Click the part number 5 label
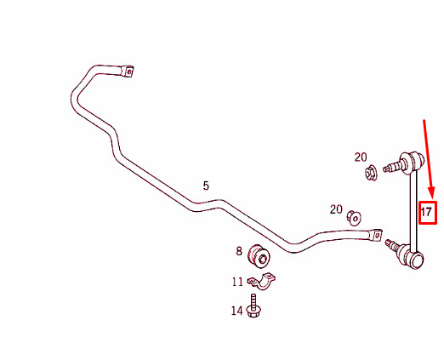point(206,186)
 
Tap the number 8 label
point(239,251)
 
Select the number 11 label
point(237,282)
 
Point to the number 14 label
point(237,311)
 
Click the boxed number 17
point(428,213)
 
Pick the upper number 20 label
point(361,157)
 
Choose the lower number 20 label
point(336,209)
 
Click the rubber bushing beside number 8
point(259,256)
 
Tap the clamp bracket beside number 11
point(261,281)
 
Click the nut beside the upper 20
point(371,173)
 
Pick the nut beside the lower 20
point(354,218)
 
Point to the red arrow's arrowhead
point(431,192)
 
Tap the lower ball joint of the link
point(412,257)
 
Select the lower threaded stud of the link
point(392,245)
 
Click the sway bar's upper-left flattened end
point(128,71)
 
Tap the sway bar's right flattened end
point(375,236)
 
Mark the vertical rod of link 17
point(414,210)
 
